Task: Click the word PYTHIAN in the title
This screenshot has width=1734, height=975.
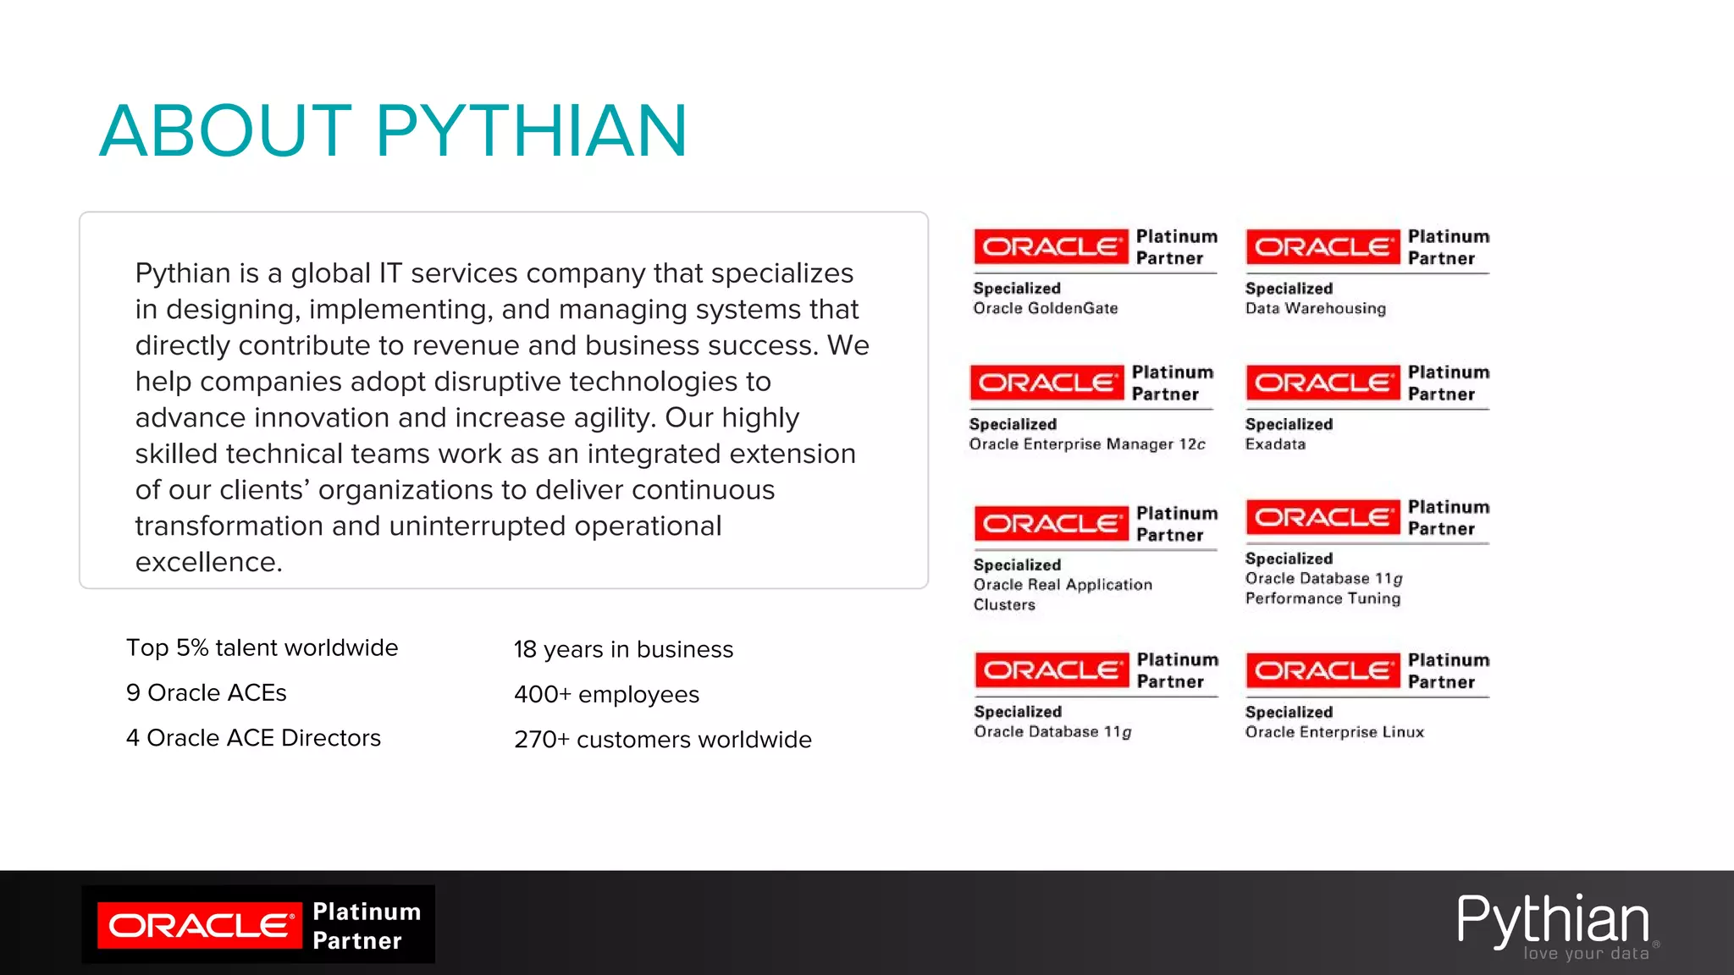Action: (531, 131)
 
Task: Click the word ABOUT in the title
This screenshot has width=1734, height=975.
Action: (225, 131)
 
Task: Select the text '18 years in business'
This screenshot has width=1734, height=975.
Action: (623, 649)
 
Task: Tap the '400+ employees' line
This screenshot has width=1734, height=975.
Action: (606, 694)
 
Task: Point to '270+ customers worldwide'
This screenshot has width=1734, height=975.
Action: (662, 739)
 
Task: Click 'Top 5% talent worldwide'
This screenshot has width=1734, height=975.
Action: (262, 647)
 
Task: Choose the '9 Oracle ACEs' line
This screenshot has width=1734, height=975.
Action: (206, 692)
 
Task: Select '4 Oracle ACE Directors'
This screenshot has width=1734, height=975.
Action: (253, 737)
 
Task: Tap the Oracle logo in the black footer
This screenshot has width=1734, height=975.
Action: (200, 925)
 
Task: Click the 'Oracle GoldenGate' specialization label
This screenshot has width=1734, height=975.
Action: (1045, 308)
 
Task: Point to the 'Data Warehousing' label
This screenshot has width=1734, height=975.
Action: (1315, 308)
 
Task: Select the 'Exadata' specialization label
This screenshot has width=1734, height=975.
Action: (1275, 444)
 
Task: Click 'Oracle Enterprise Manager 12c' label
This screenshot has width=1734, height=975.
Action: (1086, 444)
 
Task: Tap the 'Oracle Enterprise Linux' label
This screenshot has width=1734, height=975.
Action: (1334, 732)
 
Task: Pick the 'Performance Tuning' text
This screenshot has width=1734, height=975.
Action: (1323, 598)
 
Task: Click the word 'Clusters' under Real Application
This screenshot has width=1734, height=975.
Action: (1004, 604)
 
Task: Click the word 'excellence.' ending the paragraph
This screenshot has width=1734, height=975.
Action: (208, 562)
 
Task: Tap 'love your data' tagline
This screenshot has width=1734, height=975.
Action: (1586, 954)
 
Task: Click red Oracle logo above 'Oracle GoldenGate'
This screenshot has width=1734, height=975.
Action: (1050, 247)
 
